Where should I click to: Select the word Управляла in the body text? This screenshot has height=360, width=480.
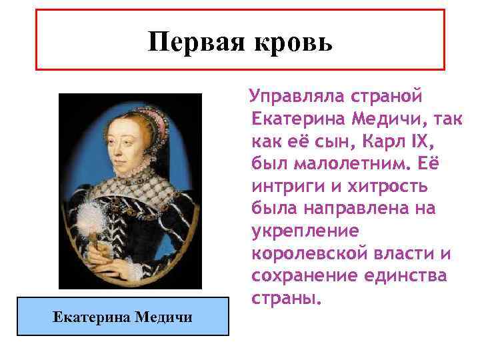[295, 95]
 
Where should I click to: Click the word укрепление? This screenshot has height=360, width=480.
[305, 231]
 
